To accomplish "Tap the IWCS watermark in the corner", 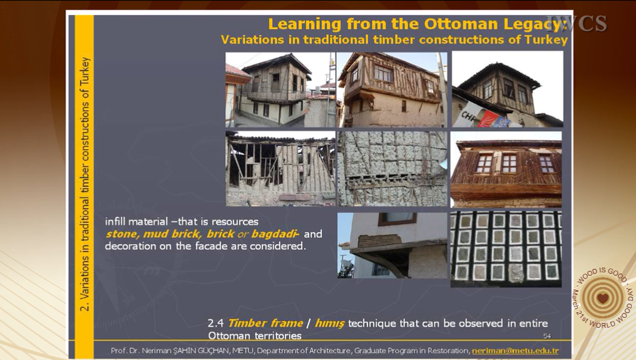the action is click(x=577, y=24).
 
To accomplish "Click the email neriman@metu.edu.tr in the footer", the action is click(x=515, y=351).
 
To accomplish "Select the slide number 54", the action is click(x=547, y=336).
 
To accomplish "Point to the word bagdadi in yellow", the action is click(x=274, y=234).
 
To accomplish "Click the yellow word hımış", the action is click(x=329, y=324).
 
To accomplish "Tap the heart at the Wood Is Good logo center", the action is click(x=603, y=298).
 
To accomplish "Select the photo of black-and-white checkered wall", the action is click(x=506, y=249).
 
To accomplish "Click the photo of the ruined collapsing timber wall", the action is click(x=280, y=169).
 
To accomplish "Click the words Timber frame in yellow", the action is click(x=265, y=323).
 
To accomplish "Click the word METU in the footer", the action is click(x=242, y=351).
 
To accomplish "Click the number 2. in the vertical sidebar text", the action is click(x=85, y=305).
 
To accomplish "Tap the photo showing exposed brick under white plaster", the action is click(x=392, y=245).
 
